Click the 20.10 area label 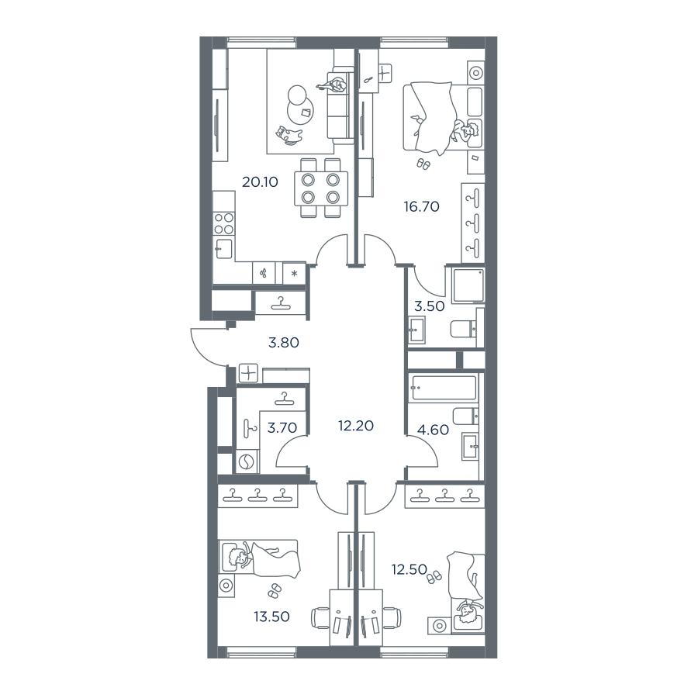260,181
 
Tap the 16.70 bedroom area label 422,206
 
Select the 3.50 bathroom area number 429,306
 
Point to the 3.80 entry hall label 284,343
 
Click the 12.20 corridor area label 356,426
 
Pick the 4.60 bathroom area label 433,430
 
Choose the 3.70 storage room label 282,428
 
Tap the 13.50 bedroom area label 271,617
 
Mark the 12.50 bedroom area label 409,569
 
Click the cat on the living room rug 289,135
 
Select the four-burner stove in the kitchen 223,223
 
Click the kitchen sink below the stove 224,249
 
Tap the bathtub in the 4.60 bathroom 444,388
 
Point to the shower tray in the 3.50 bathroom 468,285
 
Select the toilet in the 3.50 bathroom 463,330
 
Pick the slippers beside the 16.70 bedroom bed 423,164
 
